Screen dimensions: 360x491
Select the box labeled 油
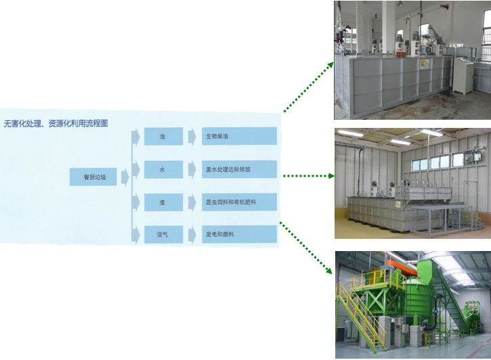pyautogui.click(x=163, y=136)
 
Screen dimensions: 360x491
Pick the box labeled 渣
pyautogui.click(x=163, y=202)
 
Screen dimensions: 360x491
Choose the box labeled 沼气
pyautogui.click(x=163, y=235)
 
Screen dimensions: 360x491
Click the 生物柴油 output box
pyautogui.click(x=240, y=136)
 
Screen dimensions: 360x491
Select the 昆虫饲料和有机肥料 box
pyautogui.click(x=240, y=202)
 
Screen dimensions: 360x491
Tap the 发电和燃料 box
pyautogui.click(x=240, y=235)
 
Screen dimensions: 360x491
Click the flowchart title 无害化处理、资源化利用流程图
pyautogui.click(x=56, y=124)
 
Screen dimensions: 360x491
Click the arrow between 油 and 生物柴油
pyautogui.click(x=191, y=136)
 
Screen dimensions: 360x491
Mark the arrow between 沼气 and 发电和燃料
pyautogui.click(x=191, y=235)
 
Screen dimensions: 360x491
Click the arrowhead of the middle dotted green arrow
pyautogui.click(x=331, y=175)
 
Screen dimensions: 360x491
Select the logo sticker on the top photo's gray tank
pyautogui.click(x=423, y=65)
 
